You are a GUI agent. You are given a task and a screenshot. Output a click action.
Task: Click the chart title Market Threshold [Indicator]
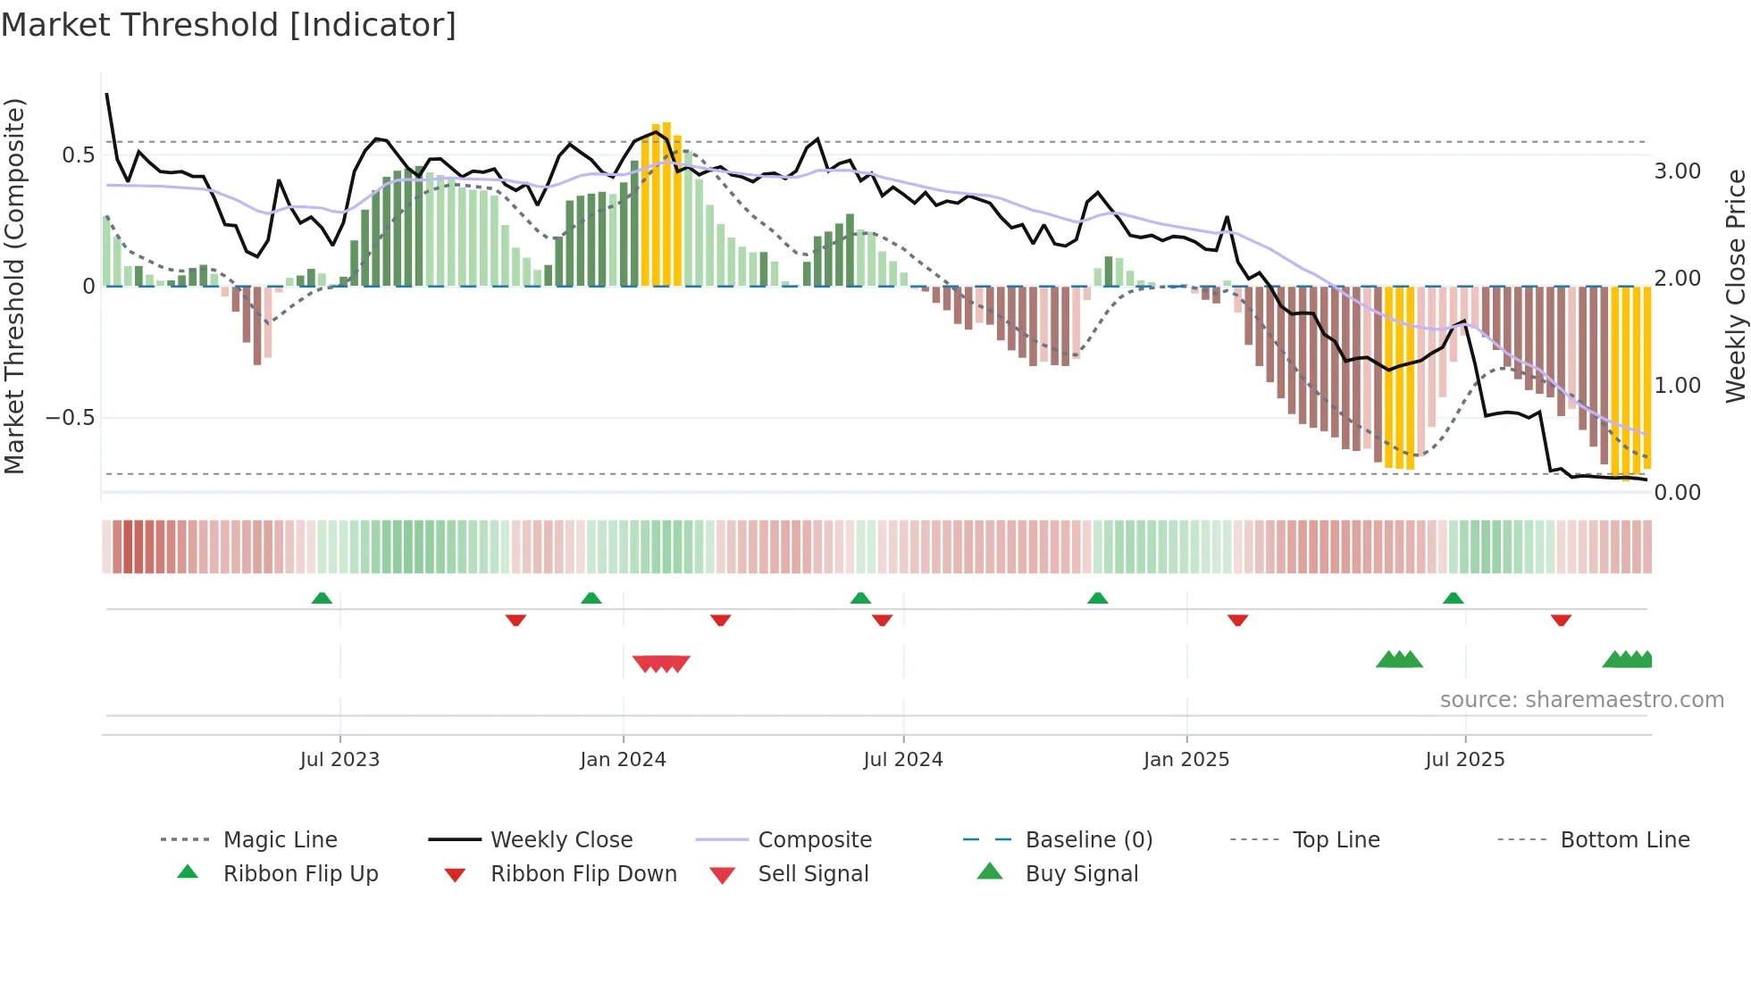[229, 25]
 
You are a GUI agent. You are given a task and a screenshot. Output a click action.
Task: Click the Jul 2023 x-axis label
[339, 760]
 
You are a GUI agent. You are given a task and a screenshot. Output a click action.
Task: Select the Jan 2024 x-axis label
[623, 760]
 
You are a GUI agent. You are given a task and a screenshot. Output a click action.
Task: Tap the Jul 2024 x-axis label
[903, 760]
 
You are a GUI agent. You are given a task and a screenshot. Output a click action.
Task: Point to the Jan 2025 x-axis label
[1186, 760]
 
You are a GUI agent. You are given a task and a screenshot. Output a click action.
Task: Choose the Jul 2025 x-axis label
[1465, 760]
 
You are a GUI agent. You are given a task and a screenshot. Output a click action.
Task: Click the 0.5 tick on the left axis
[78, 155]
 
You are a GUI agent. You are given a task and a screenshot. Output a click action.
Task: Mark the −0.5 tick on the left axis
[71, 418]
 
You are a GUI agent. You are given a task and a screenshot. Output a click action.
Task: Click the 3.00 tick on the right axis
[1678, 171]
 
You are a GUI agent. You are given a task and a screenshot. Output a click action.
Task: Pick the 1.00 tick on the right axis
[1678, 386]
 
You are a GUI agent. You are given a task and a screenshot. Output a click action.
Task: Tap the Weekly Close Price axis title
[1735, 286]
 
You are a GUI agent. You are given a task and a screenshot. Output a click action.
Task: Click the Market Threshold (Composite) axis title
[14, 286]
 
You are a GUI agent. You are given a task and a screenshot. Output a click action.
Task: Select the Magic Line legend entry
[280, 840]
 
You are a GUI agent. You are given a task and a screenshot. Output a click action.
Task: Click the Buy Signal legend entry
[1081, 874]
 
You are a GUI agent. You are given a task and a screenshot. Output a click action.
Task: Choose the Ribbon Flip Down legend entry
[583, 874]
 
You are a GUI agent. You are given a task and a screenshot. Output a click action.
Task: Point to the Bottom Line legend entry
[1624, 840]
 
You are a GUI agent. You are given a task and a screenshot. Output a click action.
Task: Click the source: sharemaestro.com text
[1581, 700]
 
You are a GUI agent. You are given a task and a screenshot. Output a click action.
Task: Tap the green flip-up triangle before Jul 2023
[322, 597]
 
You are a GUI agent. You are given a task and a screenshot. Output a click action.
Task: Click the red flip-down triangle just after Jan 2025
[1237, 620]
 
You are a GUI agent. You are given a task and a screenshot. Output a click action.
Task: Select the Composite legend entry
[814, 840]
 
